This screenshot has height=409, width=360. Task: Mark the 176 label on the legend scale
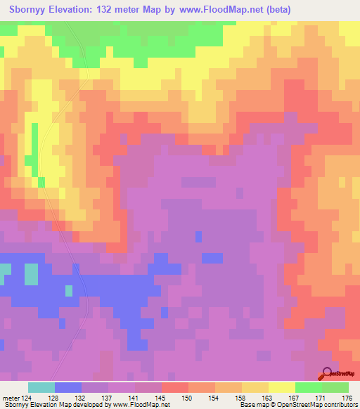click(x=345, y=397)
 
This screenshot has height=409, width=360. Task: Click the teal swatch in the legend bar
click(x=41, y=387)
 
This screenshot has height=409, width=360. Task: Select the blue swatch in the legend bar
click(x=68, y=387)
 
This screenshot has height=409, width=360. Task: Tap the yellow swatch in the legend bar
click(x=282, y=387)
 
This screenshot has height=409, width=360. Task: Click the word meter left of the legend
click(x=11, y=397)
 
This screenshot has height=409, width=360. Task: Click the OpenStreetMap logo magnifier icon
click(x=328, y=375)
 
